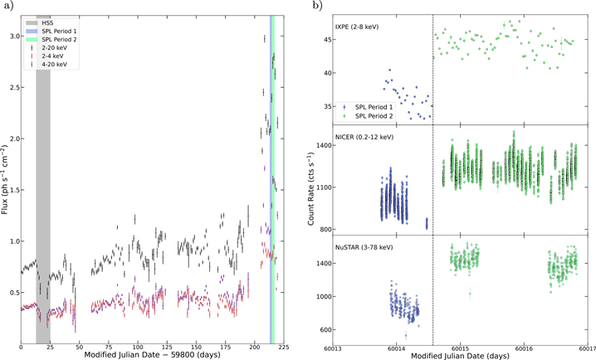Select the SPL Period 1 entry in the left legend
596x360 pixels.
coord(56,31)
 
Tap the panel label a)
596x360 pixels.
coord(7,6)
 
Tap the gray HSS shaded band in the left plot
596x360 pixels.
coord(42,207)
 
